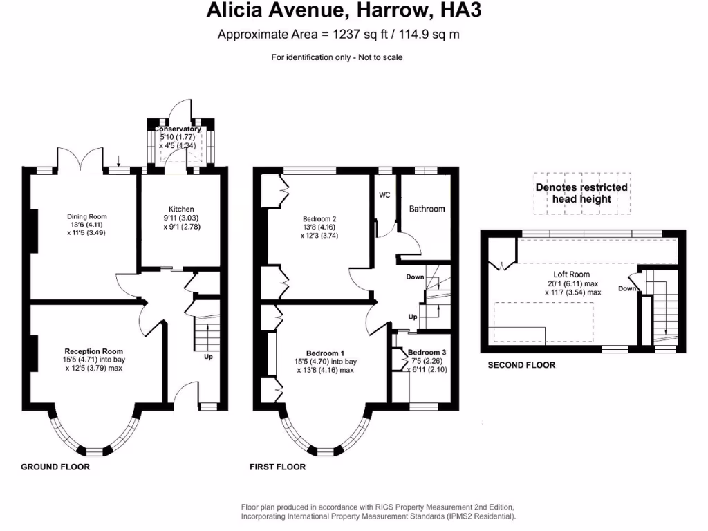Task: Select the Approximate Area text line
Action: click(338, 35)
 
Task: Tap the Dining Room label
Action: click(86, 216)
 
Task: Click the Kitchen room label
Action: click(181, 209)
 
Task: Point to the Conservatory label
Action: click(178, 129)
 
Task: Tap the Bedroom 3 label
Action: click(427, 353)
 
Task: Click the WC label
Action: click(384, 195)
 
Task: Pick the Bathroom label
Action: click(427, 209)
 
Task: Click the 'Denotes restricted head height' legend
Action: click(581, 193)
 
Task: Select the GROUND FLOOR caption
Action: click(55, 467)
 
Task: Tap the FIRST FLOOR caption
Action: click(277, 467)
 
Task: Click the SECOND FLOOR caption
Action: click(521, 365)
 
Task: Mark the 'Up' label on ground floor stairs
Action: click(208, 357)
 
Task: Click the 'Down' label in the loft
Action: click(626, 288)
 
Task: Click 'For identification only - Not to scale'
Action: click(337, 57)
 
